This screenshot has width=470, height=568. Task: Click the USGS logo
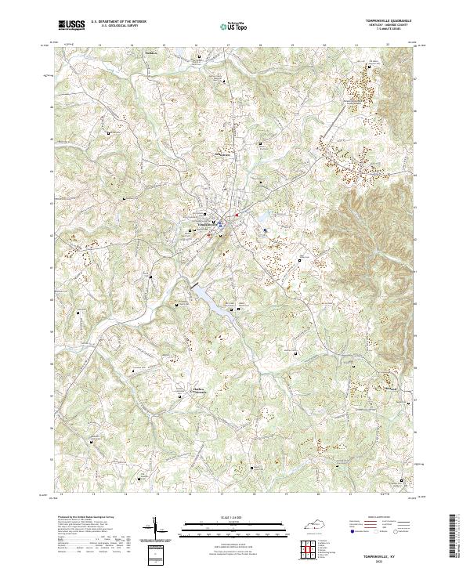tap(69, 24)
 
